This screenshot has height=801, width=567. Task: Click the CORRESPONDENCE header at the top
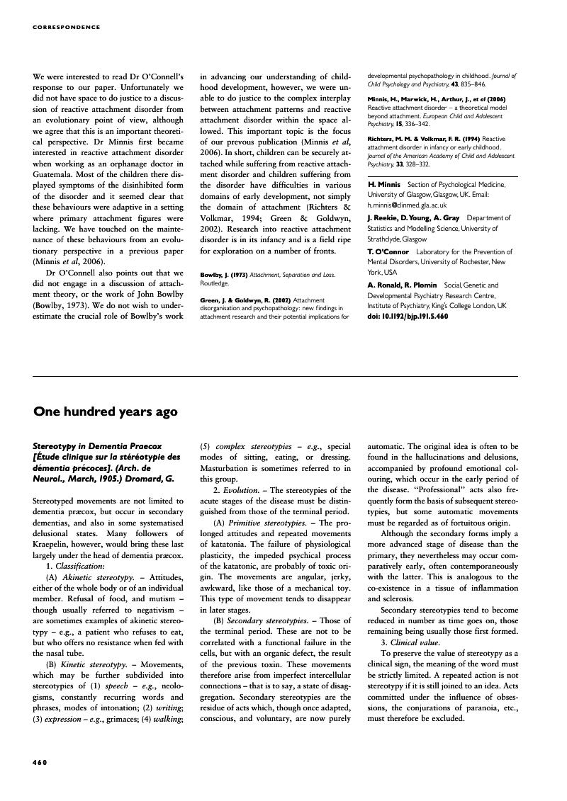[67, 28]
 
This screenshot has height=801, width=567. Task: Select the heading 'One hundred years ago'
[106, 411]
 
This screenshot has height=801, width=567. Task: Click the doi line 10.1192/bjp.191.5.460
[408, 316]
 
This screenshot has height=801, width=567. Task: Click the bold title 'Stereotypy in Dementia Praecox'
[97, 447]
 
